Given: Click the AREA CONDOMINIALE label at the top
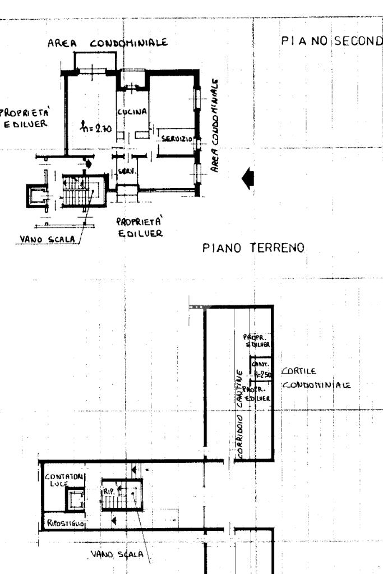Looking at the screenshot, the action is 108,43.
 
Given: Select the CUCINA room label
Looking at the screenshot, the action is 136,112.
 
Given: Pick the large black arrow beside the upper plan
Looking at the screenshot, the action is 247,178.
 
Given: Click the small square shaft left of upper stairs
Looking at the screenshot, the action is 37,196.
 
